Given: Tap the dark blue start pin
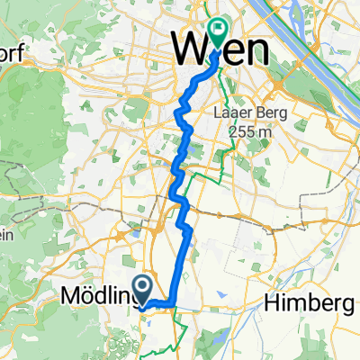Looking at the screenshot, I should pos(142,287).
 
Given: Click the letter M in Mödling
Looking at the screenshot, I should pos(72,295).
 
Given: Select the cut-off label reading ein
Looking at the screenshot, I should pos(5,235).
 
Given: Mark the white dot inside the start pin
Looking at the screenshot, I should pos(142,285).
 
